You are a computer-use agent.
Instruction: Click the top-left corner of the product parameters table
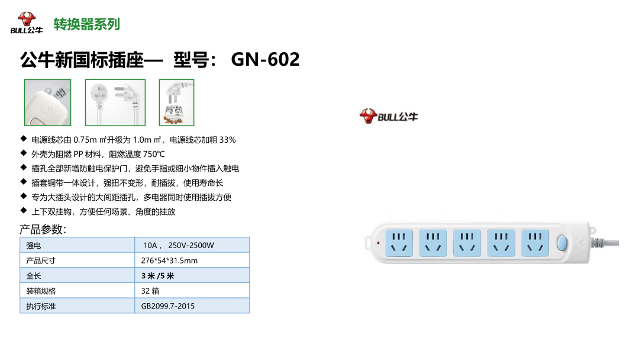(x=20, y=237)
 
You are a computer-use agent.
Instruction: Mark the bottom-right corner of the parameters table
(x=250, y=313)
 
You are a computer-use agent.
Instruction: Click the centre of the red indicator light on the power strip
(x=378, y=243)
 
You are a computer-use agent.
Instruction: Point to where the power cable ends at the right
(x=619, y=243)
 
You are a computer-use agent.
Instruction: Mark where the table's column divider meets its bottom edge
(x=134, y=313)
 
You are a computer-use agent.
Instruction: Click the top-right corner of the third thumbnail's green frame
(x=194, y=79)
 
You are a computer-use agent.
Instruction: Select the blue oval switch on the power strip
(x=562, y=243)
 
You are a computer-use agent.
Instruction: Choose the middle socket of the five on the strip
(x=467, y=243)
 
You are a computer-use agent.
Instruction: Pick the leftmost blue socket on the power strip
(x=399, y=243)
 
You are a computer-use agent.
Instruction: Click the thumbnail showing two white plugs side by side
(x=115, y=102)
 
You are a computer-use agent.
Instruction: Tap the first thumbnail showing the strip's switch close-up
(x=48, y=102)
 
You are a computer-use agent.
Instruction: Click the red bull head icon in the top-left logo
(x=27, y=19)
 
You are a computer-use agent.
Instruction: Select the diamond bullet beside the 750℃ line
(x=24, y=153)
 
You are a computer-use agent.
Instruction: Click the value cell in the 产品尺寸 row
(x=192, y=260)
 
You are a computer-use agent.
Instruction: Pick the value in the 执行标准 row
(x=168, y=306)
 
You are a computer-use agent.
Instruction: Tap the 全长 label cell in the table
(x=78, y=275)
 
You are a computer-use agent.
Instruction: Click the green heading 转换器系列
(x=87, y=24)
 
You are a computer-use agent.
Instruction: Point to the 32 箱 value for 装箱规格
(x=150, y=291)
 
